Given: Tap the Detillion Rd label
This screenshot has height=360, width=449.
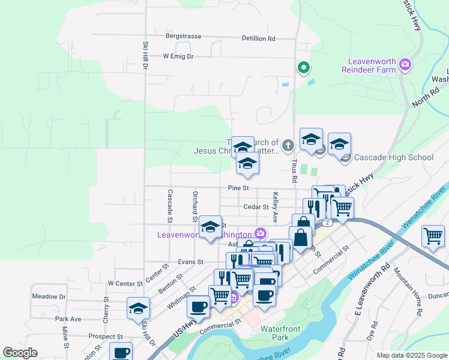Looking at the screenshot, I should [x=258, y=38].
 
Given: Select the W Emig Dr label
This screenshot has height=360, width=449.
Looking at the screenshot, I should [x=178, y=56].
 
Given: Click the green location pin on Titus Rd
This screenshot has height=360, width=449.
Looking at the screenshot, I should [x=304, y=68].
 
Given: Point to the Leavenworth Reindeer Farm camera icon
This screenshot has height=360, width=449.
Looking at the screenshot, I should [x=406, y=64].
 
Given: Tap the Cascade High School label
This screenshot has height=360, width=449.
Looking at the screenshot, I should [x=393, y=158].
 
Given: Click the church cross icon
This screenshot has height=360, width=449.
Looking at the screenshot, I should [x=288, y=145].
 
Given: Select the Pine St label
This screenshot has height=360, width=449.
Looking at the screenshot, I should [x=238, y=188].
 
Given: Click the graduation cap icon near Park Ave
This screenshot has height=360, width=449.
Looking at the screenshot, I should [x=138, y=308].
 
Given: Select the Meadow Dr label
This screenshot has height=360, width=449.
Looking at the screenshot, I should [x=49, y=296].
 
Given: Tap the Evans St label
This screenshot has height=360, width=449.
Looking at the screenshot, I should [x=191, y=262].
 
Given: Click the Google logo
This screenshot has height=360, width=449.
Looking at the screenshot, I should [x=20, y=353].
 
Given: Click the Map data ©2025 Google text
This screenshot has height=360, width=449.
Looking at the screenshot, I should [x=411, y=355].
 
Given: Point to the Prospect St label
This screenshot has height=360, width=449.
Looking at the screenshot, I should [x=105, y=337].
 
